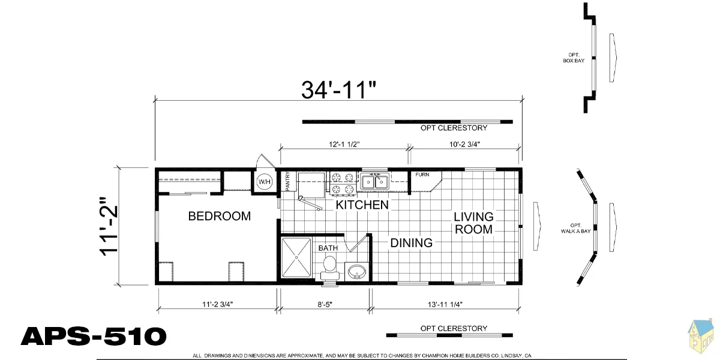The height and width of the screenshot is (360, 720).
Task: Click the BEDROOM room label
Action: (x=220, y=216)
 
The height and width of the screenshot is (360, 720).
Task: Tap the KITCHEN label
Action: (x=362, y=205)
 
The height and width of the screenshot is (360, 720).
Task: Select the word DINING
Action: (x=412, y=242)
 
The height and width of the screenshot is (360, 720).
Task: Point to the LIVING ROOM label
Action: (x=473, y=223)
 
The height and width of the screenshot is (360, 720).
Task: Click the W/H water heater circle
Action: (x=265, y=182)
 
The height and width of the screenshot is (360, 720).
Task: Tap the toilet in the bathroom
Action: (x=330, y=268)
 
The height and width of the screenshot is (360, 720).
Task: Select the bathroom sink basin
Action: (x=356, y=272)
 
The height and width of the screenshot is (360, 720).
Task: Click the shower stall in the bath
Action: (x=296, y=257)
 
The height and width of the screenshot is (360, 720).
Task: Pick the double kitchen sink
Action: (x=375, y=182)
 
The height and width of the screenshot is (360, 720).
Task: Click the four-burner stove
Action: (x=343, y=184)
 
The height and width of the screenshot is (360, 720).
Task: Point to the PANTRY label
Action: (x=287, y=181)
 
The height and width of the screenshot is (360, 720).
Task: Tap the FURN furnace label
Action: (x=422, y=175)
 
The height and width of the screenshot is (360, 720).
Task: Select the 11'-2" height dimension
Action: (x=109, y=227)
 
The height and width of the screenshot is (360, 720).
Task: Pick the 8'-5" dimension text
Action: (x=325, y=304)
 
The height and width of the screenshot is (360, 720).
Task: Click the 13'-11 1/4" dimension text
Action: (x=445, y=304)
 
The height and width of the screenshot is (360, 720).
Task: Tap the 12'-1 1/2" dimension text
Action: (x=344, y=145)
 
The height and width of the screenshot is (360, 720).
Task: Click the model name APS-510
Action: (x=94, y=336)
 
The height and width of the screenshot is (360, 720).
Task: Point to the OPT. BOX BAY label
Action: (x=574, y=58)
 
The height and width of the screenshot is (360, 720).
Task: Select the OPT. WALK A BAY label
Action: (x=575, y=228)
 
